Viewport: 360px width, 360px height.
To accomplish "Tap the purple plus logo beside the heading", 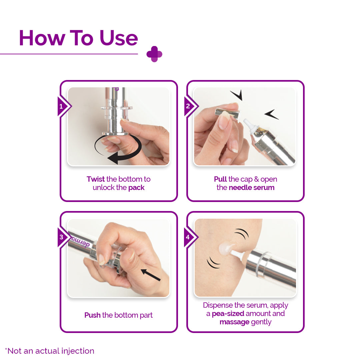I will click(154, 54).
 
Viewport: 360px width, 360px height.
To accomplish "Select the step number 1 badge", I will click(61, 107).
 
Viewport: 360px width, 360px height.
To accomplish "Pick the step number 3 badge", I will click(61, 237).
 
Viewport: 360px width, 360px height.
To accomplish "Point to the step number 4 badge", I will click(188, 237).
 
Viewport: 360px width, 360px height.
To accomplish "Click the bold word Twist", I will click(96, 179).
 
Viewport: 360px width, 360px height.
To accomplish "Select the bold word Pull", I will click(220, 179).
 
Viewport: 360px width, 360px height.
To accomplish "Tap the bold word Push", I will click(92, 315).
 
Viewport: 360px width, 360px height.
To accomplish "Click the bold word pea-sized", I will click(228, 313).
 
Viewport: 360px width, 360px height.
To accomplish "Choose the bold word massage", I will click(234, 322).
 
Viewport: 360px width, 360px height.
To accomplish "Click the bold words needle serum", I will click(252, 187).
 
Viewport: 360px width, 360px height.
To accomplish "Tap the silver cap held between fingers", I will click(227, 112).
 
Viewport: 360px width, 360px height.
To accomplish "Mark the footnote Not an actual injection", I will click(50, 351).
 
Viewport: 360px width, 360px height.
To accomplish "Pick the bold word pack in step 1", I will click(136, 187).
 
